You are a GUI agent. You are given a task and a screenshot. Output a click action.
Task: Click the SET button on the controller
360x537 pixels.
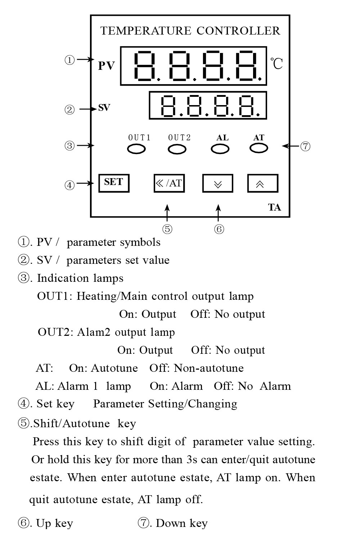(x=114, y=183)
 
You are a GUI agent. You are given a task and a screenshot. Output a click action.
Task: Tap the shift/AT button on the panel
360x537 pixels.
(x=169, y=183)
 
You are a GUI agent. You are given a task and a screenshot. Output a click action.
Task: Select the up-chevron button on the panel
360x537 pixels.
(x=263, y=183)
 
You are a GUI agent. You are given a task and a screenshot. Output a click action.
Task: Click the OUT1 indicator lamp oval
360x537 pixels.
(x=136, y=149)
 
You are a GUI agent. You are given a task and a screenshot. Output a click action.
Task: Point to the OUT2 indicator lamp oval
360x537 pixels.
(x=177, y=149)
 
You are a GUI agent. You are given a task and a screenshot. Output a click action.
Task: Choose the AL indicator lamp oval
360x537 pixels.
(x=220, y=149)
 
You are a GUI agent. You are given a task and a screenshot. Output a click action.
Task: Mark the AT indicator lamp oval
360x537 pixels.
(x=259, y=148)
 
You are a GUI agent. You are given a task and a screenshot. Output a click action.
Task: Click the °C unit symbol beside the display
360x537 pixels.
(x=276, y=64)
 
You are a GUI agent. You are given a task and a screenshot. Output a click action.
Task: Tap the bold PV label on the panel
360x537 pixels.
(x=107, y=66)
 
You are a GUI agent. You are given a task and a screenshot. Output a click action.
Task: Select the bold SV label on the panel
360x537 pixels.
(x=104, y=108)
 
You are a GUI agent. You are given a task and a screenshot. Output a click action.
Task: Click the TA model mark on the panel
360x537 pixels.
(x=274, y=207)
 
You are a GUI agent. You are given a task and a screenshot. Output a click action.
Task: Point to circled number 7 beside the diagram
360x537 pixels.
(x=305, y=146)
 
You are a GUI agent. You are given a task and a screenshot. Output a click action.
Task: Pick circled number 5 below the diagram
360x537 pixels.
(x=167, y=229)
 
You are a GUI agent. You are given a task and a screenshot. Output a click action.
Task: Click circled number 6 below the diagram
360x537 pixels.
(x=219, y=229)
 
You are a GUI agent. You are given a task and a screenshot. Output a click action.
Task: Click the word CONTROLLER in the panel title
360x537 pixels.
(x=238, y=31)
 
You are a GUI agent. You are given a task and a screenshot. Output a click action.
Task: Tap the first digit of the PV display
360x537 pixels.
(x=145, y=66)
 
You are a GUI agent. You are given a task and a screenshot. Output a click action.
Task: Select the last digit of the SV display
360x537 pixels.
(x=247, y=106)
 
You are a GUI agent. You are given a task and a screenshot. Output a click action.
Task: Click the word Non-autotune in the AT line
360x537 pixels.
(x=209, y=368)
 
